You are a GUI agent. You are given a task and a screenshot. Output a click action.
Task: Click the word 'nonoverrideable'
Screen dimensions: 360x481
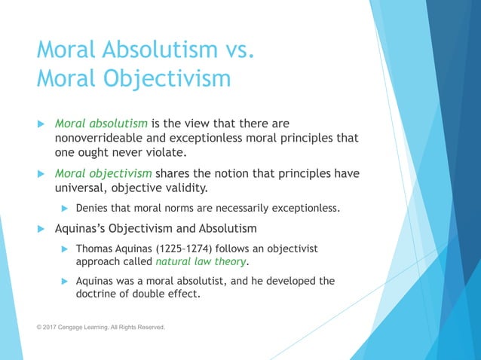(99, 137)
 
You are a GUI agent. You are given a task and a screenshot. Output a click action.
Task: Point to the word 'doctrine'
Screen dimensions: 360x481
(100, 294)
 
